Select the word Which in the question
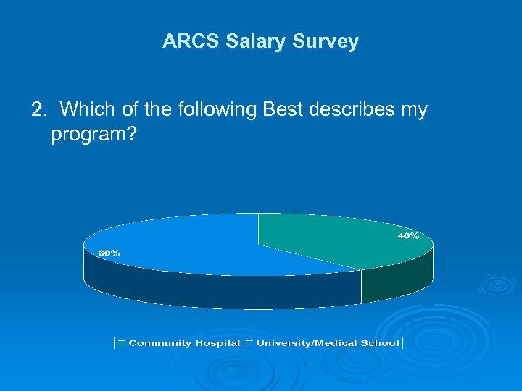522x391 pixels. tap(83, 110)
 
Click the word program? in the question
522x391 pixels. tap(93, 135)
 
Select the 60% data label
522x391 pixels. tap(109, 253)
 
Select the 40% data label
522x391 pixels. tap(407, 237)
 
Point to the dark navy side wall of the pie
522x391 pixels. tap(217, 290)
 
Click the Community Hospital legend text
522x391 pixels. tap(184, 343)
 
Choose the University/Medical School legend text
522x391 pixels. tap(328, 343)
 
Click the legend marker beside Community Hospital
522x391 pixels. tap(122, 341)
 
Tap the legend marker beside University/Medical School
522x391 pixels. tap(249, 341)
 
